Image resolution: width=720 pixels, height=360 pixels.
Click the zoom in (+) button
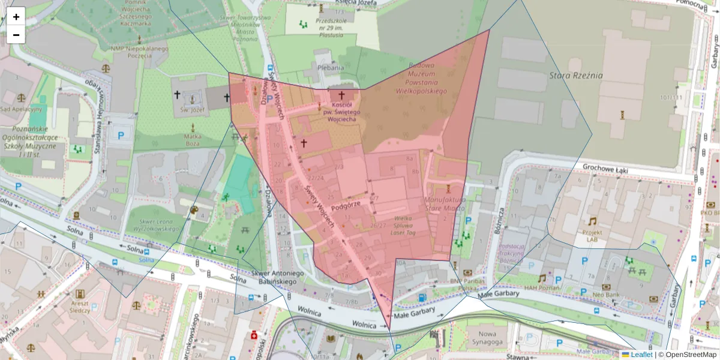click(x=16, y=16)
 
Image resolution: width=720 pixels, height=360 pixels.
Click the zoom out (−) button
click(x=16, y=35)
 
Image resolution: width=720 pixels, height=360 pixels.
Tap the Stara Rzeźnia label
click(x=575, y=76)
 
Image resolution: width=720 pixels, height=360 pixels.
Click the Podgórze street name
click(x=346, y=204)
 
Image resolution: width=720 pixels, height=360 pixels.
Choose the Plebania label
click(x=331, y=68)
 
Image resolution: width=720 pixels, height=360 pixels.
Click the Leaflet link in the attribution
click(x=641, y=355)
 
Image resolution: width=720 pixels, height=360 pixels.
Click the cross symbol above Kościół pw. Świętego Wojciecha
click(x=342, y=95)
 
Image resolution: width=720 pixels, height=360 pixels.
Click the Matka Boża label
click(x=193, y=140)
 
